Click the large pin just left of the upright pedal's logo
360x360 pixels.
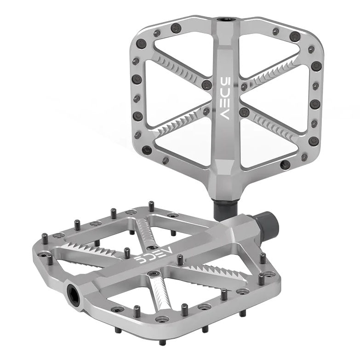point(206,85)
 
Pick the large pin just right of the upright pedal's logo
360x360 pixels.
point(245,112)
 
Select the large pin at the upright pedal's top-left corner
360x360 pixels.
point(142,44)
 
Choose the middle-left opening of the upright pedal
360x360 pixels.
point(170,97)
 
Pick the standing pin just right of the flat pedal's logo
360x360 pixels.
point(180,260)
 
